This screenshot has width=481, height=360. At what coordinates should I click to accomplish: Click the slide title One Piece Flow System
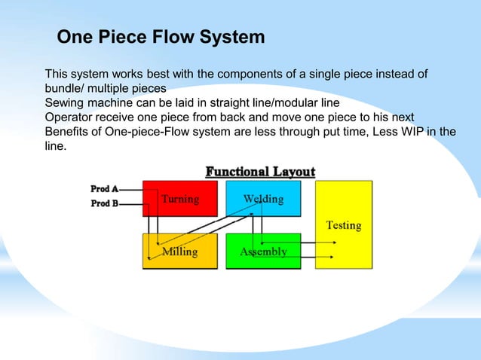(161, 37)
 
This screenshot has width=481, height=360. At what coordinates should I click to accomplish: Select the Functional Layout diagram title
(260, 172)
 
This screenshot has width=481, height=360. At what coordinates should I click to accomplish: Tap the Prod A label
(105, 189)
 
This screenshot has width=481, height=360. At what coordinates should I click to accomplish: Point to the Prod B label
(105, 203)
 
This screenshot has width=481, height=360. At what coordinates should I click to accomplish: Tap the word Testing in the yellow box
(343, 224)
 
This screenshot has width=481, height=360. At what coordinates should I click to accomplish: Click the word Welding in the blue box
(263, 199)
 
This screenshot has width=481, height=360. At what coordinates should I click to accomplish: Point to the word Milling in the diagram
(180, 252)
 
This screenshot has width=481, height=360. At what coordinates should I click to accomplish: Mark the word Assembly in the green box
(263, 252)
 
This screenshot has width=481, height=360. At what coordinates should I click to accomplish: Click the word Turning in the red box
(181, 199)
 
